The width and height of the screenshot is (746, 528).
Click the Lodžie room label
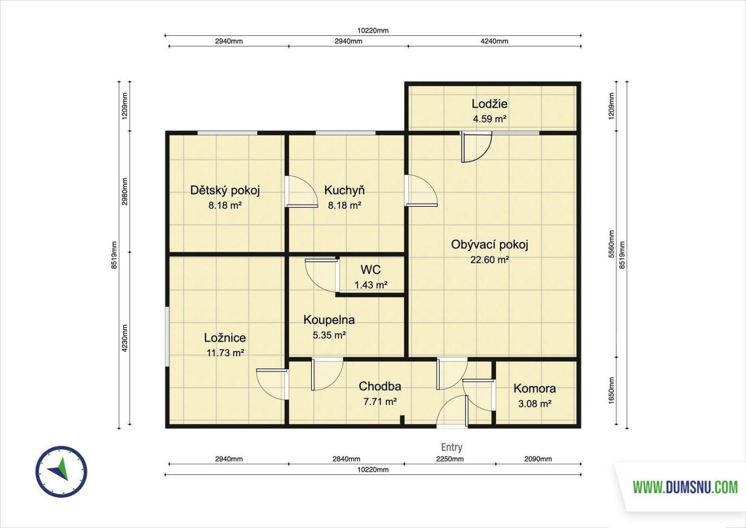489,104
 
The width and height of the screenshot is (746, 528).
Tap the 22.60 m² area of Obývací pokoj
489,260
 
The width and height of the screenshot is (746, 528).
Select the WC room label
371,269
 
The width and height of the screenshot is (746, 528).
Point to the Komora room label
534,388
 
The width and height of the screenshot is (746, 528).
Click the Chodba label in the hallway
380,386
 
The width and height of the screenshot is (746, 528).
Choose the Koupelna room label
329,320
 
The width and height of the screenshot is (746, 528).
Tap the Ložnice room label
225,337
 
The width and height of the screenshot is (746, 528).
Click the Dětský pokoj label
225,190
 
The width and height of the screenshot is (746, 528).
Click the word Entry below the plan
452,447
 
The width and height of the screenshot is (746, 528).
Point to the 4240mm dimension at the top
494,41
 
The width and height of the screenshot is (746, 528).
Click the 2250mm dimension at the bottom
450,459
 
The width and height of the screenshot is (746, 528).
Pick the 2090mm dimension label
538,459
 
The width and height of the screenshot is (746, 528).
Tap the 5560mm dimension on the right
611,244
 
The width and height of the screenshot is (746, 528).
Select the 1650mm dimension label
611,391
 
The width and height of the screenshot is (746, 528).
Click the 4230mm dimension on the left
125,338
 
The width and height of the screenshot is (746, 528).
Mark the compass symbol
61,472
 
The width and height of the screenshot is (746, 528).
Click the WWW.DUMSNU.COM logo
685,487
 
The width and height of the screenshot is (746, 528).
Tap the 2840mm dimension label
346,459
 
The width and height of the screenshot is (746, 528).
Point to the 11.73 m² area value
225,353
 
